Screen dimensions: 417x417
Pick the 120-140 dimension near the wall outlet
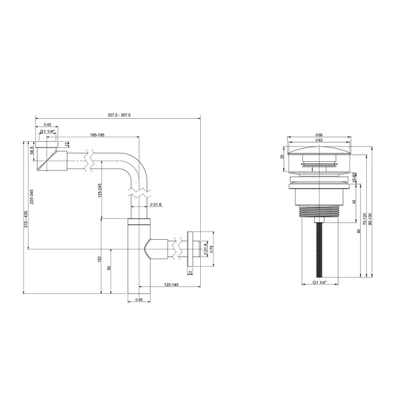click(171, 285)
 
